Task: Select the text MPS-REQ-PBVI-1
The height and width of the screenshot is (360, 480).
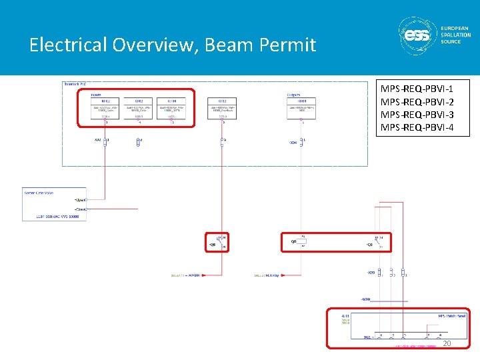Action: tap(417, 89)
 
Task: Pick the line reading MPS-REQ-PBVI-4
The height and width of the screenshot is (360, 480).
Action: tap(417, 127)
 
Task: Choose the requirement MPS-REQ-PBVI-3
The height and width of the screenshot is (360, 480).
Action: tap(417, 114)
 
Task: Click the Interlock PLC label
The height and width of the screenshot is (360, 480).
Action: tap(75, 85)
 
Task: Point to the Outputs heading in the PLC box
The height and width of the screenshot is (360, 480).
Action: tap(293, 95)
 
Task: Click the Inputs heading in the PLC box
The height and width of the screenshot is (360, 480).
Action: tap(96, 95)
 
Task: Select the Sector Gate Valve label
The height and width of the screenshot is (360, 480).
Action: tap(38, 193)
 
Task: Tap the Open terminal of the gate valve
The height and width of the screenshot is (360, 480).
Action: tap(81, 199)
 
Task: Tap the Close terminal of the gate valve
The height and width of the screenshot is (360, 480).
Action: tap(81, 209)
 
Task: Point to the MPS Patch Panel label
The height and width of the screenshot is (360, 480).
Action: tap(451, 315)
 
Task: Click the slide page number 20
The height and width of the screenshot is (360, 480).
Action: tap(447, 343)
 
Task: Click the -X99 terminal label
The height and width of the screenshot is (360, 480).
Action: tap(371, 273)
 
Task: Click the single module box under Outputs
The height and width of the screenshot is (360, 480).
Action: tap(302, 109)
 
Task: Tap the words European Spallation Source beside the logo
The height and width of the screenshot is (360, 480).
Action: tap(455, 35)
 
